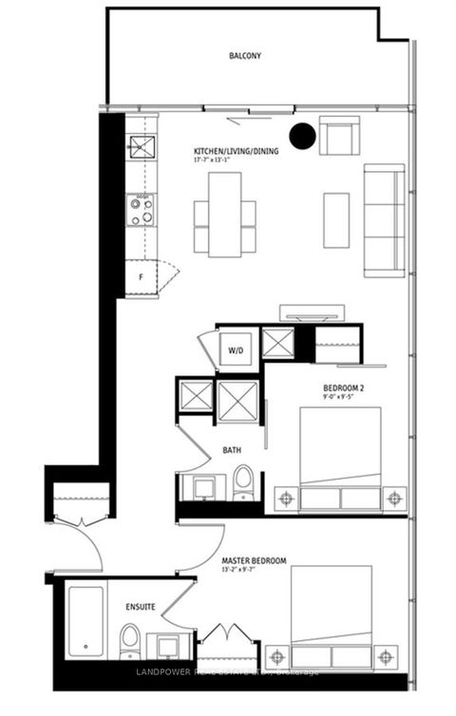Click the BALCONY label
point(244,56)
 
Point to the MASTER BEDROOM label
point(254,561)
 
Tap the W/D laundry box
point(234,349)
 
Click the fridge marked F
point(140,277)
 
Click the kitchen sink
point(142,148)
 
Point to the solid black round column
point(302,137)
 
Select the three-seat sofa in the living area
point(384,219)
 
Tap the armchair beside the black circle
point(339,135)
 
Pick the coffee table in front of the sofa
point(336,219)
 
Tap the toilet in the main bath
point(243,482)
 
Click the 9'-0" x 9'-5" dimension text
point(336,399)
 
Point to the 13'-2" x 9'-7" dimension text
point(253,572)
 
